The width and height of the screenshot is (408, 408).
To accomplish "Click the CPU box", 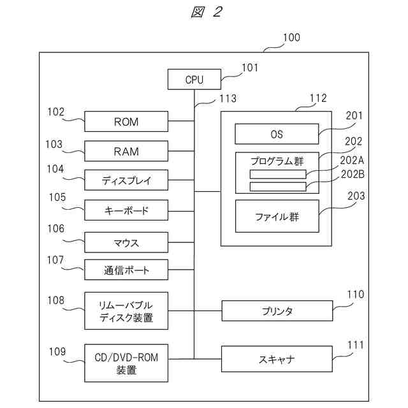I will pos(194,80).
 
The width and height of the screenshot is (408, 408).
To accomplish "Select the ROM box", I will pos(126,121).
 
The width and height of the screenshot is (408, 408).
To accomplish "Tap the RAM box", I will pos(126,152).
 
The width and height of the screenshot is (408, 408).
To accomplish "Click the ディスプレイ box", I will pos(126,180).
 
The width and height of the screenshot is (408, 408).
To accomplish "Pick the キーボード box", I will pos(126,210).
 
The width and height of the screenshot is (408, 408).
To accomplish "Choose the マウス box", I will pos(126,243).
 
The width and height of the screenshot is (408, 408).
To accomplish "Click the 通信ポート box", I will pos(126,270).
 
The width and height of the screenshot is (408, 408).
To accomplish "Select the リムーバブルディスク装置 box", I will pos(126,310).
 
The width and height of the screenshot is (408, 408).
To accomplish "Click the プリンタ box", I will pos(277,311).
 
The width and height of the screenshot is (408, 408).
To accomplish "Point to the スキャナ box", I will pos(277,359).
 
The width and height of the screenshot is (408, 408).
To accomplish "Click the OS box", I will pos(277,135).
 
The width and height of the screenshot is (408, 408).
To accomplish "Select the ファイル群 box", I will pos(277,217).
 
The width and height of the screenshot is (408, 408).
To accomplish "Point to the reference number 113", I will pos(227,98).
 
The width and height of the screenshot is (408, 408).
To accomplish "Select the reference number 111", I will pos(355,345).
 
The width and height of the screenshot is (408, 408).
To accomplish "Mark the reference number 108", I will pos(55,298).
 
